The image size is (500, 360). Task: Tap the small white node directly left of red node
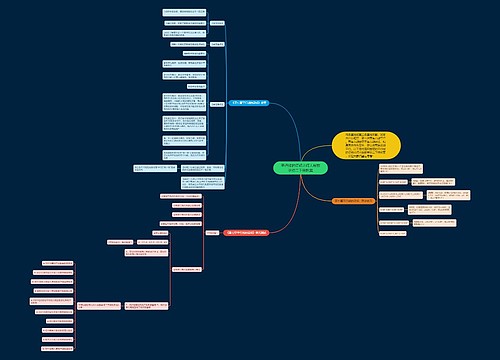211,231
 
